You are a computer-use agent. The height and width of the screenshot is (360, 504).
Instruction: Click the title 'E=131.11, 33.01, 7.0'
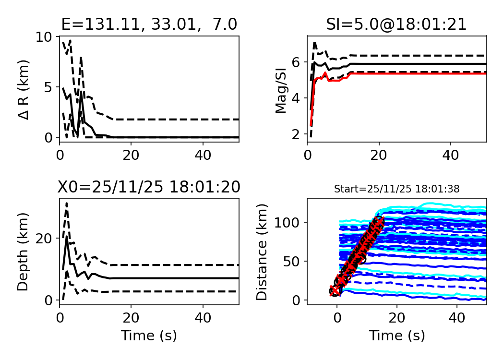click(x=149, y=24)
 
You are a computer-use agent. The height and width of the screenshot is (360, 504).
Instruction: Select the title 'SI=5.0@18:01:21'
click(x=396, y=24)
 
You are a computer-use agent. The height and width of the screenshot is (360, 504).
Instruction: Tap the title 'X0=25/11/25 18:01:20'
click(x=149, y=187)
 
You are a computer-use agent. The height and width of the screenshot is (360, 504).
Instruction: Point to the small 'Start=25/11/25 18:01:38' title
click(x=396, y=189)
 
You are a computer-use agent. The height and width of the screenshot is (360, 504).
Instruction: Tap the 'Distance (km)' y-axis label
click(x=262, y=252)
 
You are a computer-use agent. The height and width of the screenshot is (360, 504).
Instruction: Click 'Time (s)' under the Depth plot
click(x=149, y=336)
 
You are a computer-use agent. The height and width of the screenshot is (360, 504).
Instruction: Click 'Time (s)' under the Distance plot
click(x=396, y=336)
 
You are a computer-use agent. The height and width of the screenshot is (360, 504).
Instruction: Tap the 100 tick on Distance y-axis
click(x=287, y=222)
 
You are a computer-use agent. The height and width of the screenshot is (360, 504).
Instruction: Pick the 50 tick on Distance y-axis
click(x=291, y=261)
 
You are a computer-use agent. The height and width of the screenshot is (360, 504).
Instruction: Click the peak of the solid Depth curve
click(x=67, y=237)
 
